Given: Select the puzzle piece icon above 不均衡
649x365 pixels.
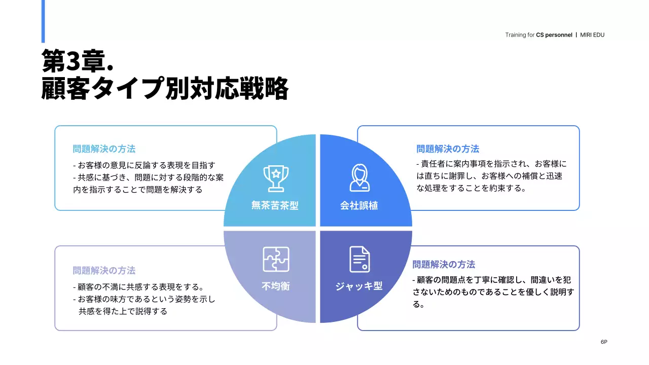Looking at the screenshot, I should [276, 259].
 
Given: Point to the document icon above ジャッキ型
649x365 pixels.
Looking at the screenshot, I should [359, 259].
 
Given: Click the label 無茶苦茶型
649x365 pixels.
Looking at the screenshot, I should [275, 205].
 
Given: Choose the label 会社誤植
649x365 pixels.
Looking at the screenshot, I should [359, 205].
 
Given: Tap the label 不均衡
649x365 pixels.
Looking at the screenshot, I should [276, 286].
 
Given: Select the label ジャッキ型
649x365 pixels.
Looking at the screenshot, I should [359, 286].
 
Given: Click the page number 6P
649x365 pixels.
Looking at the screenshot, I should [604, 342].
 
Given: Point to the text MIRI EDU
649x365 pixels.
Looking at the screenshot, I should [592, 35].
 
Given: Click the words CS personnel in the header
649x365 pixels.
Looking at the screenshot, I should [554, 35].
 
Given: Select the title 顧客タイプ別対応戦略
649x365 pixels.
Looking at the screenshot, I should [165, 89].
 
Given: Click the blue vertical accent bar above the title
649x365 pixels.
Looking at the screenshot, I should [43, 21].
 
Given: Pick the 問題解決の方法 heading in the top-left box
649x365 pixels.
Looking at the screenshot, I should [104, 149].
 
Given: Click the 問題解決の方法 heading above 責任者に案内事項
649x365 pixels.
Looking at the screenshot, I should [448, 149].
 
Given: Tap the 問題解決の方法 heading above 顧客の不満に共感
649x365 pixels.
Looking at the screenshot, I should [104, 271].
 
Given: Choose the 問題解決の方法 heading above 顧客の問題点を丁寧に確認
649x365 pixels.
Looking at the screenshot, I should [444, 265].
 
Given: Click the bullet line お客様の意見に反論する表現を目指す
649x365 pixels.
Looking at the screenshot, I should [145, 165].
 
